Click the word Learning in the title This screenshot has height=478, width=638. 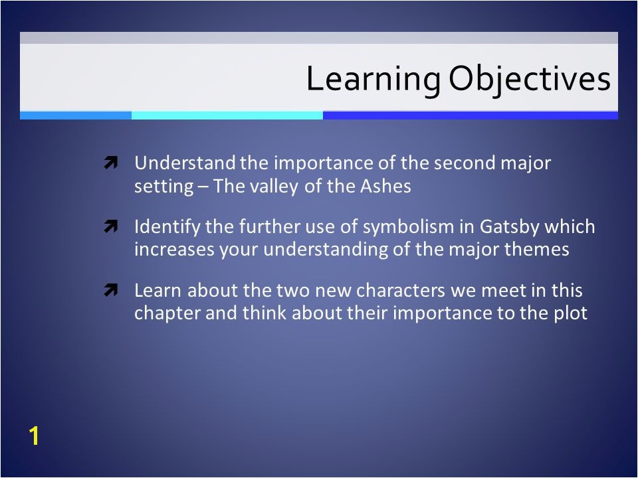(x=373, y=79)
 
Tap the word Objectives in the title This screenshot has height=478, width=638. (x=530, y=79)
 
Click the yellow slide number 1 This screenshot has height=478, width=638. (x=34, y=436)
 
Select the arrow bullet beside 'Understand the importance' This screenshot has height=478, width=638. (x=111, y=163)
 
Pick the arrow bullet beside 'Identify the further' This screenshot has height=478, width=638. (x=111, y=226)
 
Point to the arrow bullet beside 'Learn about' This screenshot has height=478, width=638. (x=111, y=290)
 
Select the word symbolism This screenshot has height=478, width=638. (x=408, y=227)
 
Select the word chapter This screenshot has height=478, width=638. (x=167, y=313)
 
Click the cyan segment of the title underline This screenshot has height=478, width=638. (x=227, y=116)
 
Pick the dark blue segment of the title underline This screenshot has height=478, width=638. (x=471, y=116)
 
